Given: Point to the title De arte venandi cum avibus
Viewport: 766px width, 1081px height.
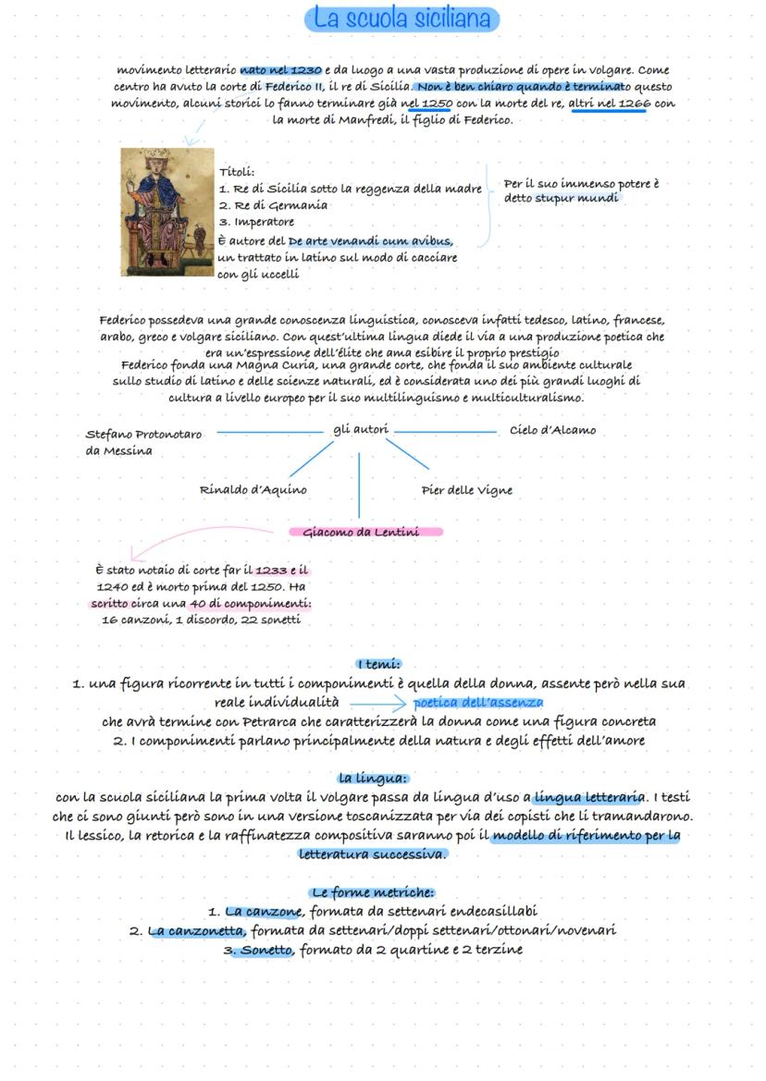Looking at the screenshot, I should click(370, 240).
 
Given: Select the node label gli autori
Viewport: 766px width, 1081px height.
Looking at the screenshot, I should click(361, 430).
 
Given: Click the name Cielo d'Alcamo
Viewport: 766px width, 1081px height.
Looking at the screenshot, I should click(552, 430).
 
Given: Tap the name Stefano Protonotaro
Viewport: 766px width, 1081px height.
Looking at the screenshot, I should click(143, 434).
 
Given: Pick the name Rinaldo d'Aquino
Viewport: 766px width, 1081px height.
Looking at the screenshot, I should click(253, 489).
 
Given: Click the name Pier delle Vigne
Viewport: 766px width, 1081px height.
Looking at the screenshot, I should click(466, 489).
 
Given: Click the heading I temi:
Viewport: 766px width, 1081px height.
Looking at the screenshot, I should click(378, 663).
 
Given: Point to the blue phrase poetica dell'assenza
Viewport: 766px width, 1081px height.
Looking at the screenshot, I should click(478, 703).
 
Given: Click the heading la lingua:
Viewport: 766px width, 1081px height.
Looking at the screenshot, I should click(373, 778).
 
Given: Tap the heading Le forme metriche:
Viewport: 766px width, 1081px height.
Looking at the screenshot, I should click(372, 892).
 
